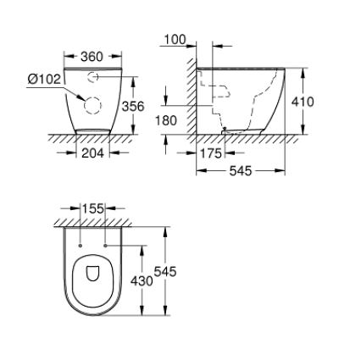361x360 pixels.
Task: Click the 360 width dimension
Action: click(92, 57)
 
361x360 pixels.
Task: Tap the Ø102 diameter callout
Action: click(44, 79)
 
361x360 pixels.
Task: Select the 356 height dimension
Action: click(133, 106)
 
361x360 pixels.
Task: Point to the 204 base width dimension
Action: click(93, 153)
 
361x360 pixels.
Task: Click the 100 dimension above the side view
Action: click(175, 40)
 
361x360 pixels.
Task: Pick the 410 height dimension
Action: click(303, 102)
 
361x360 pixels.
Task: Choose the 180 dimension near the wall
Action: click(166, 120)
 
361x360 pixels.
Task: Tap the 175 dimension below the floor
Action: click(211, 153)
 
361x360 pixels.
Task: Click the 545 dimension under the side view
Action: click(241, 170)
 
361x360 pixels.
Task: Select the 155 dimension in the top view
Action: click(93, 208)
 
